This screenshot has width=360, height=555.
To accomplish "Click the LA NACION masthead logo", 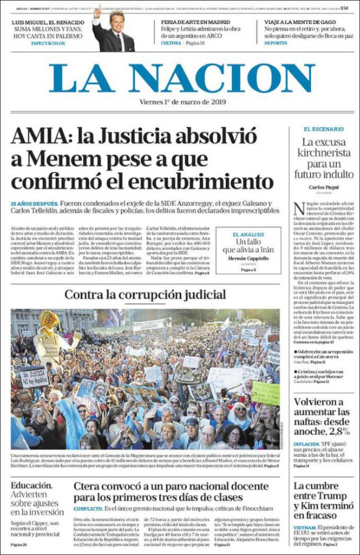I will [x=182, y=78].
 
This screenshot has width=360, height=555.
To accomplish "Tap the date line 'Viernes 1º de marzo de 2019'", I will [x=182, y=102].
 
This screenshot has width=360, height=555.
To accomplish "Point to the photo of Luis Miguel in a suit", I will [x=114, y=32].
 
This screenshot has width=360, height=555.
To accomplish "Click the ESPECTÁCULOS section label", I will [x=48, y=43].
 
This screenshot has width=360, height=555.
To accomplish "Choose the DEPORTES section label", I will [x=276, y=43].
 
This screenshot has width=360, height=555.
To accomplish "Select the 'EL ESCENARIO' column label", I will [x=323, y=129].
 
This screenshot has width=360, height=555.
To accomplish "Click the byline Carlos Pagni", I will [x=323, y=187].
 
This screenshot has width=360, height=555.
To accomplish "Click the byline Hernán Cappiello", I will [x=248, y=258].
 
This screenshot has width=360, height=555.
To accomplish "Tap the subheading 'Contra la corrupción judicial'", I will [x=145, y=295].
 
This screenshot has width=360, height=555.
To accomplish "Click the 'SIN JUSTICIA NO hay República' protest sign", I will [x=34, y=376].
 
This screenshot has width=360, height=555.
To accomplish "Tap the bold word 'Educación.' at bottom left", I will [x=32, y=485].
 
